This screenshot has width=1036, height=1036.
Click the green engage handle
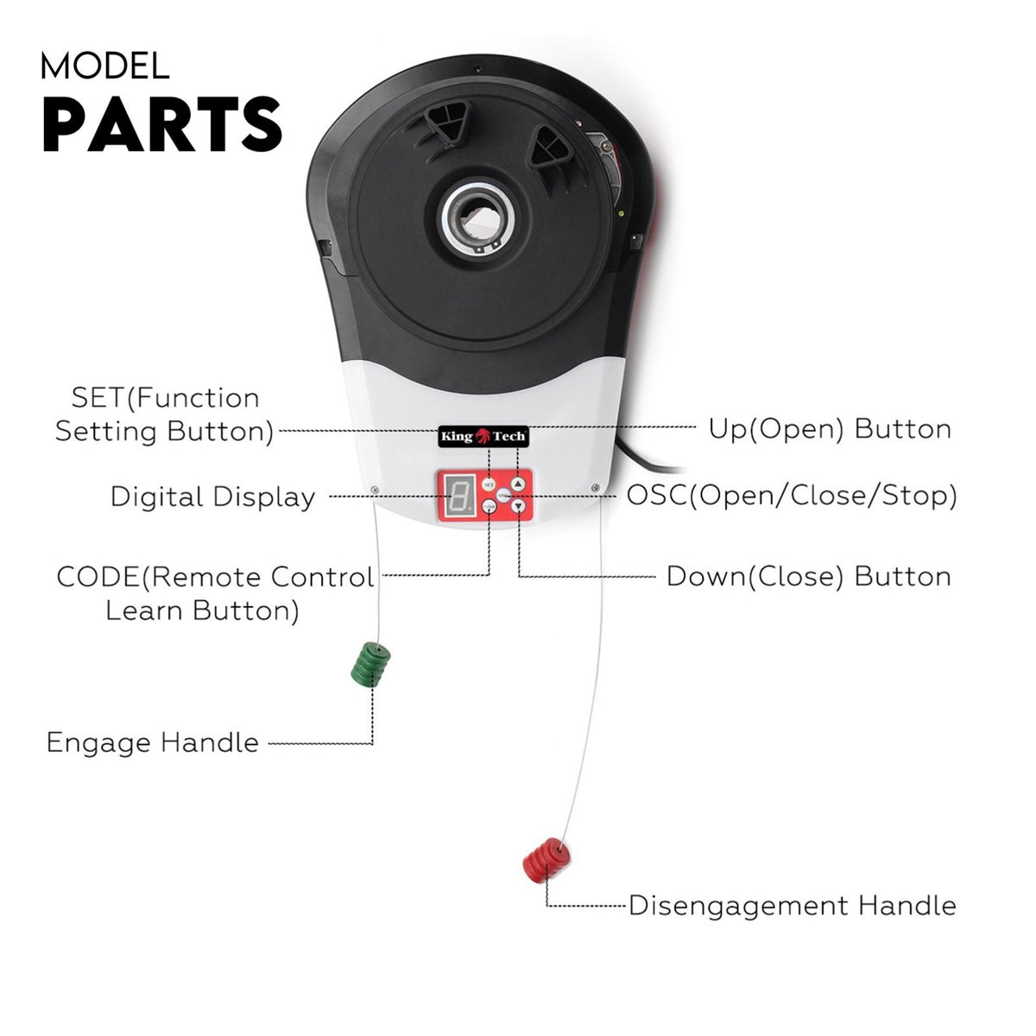click(x=370, y=665)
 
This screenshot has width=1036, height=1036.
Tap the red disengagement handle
click(x=546, y=860)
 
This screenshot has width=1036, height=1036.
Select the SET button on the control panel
click(x=488, y=484)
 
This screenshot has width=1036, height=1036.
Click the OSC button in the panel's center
click(x=503, y=496)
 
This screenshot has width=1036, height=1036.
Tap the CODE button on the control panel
click(x=489, y=506)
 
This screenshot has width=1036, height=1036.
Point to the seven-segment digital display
click(x=458, y=496)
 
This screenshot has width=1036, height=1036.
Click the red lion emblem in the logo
click(x=483, y=435)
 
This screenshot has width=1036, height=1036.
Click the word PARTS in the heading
click(x=161, y=124)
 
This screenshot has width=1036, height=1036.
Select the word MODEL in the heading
click(x=104, y=66)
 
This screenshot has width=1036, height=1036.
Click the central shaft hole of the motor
click(x=478, y=218)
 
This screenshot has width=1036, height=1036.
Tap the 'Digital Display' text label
click(x=213, y=496)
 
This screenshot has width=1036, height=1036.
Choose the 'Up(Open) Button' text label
click(x=830, y=430)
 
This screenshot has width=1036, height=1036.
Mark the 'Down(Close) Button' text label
click(x=809, y=577)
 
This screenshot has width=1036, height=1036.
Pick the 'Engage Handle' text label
click(x=153, y=742)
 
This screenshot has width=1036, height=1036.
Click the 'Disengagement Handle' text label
click(x=793, y=906)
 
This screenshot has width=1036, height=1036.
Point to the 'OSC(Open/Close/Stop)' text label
click(x=792, y=496)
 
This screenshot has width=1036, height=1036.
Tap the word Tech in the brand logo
click(x=509, y=436)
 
